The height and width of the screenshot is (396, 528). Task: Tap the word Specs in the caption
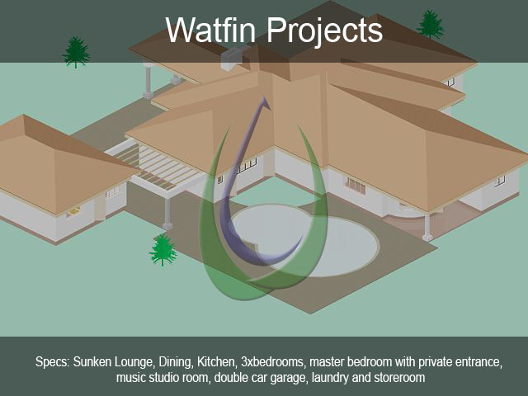click(x=53, y=362)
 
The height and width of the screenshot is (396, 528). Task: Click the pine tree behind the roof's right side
click(x=431, y=24)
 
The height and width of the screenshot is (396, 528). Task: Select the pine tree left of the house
click(x=76, y=52)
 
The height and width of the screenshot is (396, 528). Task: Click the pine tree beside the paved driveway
click(x=163, y=249)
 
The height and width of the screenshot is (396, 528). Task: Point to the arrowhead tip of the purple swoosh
click(x=264, y=97)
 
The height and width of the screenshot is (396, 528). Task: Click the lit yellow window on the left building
click(x=73, y=211)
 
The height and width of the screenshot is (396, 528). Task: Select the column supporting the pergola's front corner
click(x=167, y=214)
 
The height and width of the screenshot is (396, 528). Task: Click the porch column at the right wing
click(x=427, y=226)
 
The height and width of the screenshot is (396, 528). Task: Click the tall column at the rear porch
click(x=148, y=82)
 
